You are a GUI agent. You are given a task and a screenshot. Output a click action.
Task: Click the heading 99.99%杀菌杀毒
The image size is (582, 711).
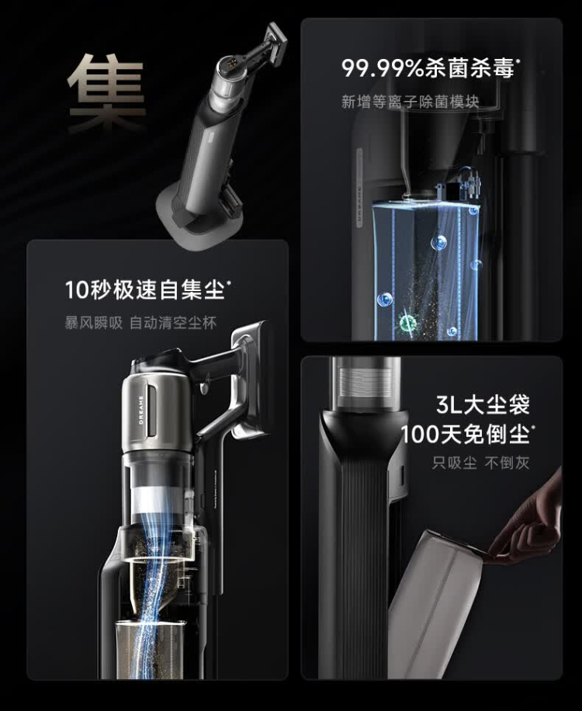(429, 68)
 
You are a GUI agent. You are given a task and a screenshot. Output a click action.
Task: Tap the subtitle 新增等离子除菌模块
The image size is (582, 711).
(410, 102)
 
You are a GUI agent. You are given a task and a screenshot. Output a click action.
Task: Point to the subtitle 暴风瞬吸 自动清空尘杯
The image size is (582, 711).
(140, 323)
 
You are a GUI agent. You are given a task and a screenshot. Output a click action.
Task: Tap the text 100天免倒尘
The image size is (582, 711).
(466, 434)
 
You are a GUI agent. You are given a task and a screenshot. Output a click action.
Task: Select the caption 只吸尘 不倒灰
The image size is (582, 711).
(480, 463)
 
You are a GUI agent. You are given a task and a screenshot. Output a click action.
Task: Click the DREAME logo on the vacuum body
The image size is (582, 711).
(141, 410)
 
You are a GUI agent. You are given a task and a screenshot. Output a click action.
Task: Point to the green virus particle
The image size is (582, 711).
(408, 324)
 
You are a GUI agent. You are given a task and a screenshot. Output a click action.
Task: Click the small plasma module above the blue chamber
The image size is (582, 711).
(458, 185)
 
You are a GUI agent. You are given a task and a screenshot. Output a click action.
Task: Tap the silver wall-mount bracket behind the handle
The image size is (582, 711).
(248, 379)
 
